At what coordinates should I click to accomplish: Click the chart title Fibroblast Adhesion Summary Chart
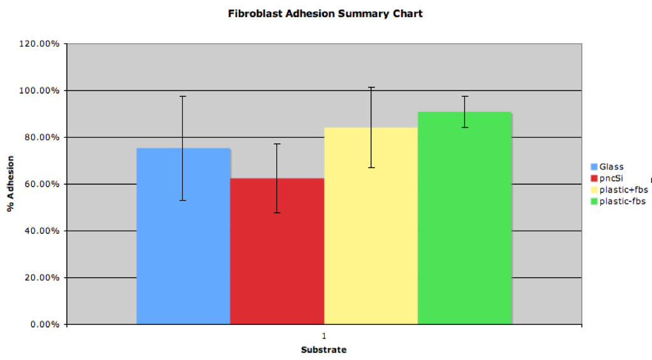(325, 14)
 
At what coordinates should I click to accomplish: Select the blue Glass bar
(183, 236)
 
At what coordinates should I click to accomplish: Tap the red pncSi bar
(278, 252)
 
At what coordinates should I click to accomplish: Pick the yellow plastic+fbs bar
(371, 226)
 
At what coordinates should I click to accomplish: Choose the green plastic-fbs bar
(465, 218)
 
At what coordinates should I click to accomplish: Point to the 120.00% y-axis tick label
(39, 44)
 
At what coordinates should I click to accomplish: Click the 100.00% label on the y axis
(39, 90)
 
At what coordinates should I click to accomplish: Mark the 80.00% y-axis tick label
(42, 138)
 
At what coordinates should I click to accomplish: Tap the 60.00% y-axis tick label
(42, 184)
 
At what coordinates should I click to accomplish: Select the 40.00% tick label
(42, 231)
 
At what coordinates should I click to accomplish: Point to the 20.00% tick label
(42, 278)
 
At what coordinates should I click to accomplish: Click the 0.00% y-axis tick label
(45, 324)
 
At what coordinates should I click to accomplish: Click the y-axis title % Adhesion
(10, 184)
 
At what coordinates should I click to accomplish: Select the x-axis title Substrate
(324, 350)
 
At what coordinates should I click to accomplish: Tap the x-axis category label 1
(324, 336)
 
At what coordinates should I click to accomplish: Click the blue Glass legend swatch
(594, 167)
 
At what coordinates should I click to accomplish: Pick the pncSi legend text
(611, 178)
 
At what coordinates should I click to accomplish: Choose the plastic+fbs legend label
(624, 190)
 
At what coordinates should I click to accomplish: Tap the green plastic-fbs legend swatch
(594, 201)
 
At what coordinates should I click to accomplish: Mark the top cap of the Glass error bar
(183, 97)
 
